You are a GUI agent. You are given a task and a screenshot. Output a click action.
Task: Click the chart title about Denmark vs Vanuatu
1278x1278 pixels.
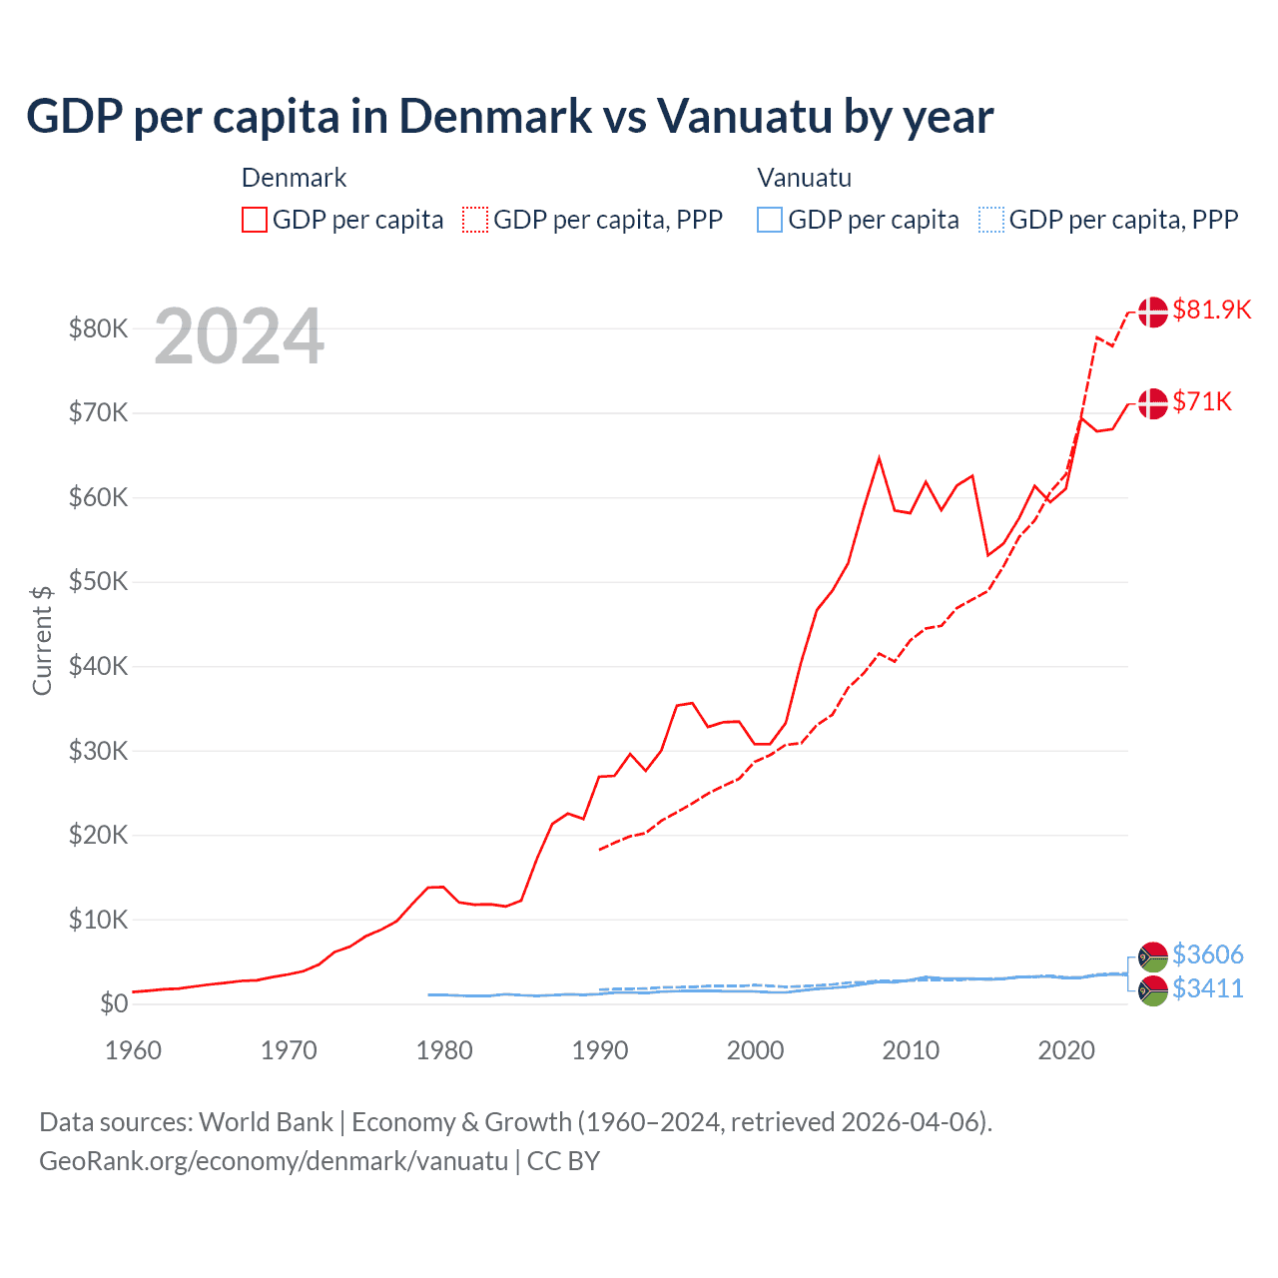pos(509,116)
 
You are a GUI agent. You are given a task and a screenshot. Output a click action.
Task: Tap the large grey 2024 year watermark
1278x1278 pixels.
pos(239,336)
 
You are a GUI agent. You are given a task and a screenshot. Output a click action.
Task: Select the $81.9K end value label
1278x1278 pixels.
pos(1211,310)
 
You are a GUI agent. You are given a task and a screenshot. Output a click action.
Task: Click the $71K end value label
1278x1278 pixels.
pos(1202,401)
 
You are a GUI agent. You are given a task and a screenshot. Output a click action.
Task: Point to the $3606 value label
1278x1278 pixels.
pos(1207,955)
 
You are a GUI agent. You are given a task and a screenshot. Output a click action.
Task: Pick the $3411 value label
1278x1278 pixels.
pos(1207,988)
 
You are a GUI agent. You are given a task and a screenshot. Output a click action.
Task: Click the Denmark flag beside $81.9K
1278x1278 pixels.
pos(1153,312)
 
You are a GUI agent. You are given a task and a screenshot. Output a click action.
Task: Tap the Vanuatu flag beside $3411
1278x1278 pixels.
pos(1153,990)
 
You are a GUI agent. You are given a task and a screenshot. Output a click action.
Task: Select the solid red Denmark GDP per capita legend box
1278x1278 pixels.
pos(255,220)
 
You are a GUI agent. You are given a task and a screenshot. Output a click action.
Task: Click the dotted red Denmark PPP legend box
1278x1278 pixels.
pos(475,220)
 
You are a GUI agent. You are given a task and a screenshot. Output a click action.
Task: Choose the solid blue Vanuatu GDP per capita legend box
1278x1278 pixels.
pos(770,220)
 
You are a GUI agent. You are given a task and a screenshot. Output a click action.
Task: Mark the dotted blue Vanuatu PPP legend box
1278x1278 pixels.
pos(991,220)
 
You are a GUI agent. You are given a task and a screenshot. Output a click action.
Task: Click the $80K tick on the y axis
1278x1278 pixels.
pos(98,328)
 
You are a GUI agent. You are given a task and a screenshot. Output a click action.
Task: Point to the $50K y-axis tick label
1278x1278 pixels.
pos(98,582)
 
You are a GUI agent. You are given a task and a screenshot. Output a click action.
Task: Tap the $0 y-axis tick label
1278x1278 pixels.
pos(113,1004)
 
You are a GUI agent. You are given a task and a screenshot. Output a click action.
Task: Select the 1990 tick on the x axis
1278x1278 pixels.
pos(600,1050)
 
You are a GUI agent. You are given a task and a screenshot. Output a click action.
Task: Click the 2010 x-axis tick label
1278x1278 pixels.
pos(911,1050)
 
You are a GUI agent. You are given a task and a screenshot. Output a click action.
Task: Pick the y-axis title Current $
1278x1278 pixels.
pos(42,640)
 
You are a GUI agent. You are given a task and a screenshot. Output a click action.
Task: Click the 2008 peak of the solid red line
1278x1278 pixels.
pos(879,458)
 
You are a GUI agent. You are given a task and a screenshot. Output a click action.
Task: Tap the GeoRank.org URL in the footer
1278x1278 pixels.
pos(274,1161)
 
